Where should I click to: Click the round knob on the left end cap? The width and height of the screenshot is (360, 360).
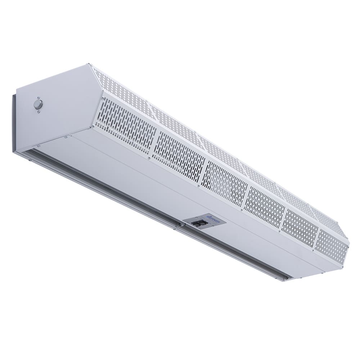click(x=37, y=104)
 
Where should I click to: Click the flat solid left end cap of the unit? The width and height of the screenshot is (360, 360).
click(x=58, y=108)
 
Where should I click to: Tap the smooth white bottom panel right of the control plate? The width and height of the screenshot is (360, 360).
click(x=270, y=248)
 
